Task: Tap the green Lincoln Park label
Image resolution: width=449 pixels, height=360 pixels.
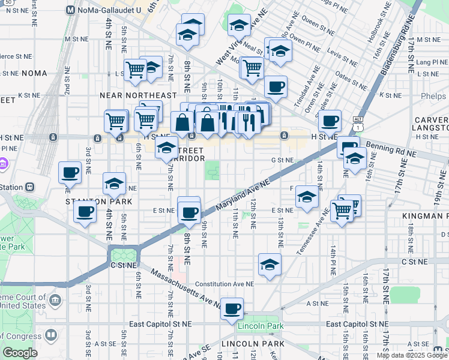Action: click(x=260, y=326)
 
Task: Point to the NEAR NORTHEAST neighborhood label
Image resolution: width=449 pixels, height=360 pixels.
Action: click(x=138, y=95)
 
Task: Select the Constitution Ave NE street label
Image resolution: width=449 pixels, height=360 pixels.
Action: click(x=224, y=284)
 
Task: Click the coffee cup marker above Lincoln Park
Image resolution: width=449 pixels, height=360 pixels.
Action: click(x=232, y=309)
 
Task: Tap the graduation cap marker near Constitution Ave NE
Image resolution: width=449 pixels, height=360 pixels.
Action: click(x=270, y=264)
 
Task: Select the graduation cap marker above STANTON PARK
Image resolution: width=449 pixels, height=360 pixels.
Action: click(x=114, y=184)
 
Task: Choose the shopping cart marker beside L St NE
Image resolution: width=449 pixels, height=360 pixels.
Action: click(x=136, y=70)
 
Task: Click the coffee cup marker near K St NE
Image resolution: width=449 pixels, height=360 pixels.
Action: click(x=276, y=87)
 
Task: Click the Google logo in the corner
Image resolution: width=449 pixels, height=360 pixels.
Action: click(x=20, y=353)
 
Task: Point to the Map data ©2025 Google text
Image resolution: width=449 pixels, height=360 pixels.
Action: click(x=412, y=355)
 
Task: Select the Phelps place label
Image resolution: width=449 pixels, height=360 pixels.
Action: click(x=435, y=97)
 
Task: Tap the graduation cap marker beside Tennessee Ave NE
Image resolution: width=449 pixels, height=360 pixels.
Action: click(x=307, y=197)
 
